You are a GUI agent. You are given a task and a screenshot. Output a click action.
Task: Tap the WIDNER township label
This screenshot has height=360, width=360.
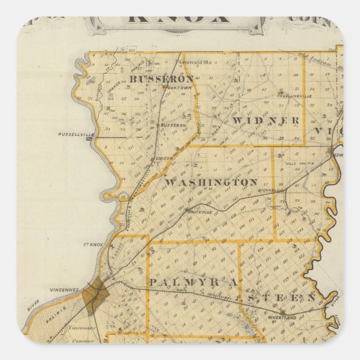266,121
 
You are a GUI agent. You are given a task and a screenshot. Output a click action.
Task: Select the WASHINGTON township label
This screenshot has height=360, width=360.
211,182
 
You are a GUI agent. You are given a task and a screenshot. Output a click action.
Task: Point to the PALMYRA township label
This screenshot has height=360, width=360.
193,283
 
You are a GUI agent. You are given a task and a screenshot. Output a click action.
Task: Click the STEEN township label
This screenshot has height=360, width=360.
283,296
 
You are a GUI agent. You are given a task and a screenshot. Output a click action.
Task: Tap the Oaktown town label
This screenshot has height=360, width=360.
173,87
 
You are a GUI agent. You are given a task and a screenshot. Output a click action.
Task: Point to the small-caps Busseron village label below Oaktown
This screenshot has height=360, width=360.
173,125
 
